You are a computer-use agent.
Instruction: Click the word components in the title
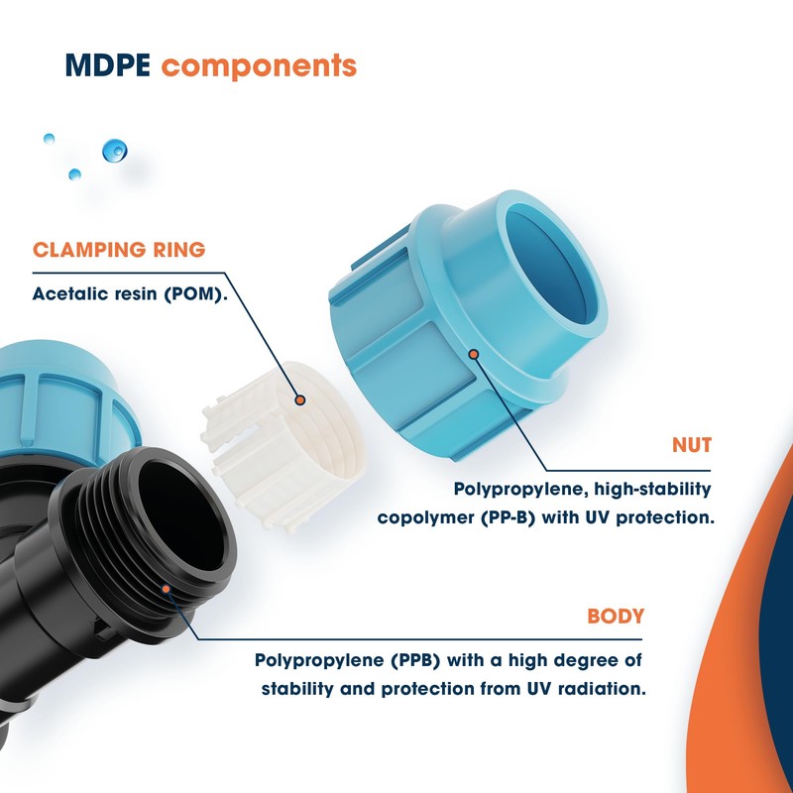259,66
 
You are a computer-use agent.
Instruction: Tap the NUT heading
691,446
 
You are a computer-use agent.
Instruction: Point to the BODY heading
616,616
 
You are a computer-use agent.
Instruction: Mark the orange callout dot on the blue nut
474,353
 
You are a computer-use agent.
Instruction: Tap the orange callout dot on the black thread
169,587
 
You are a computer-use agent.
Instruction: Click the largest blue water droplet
115,151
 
